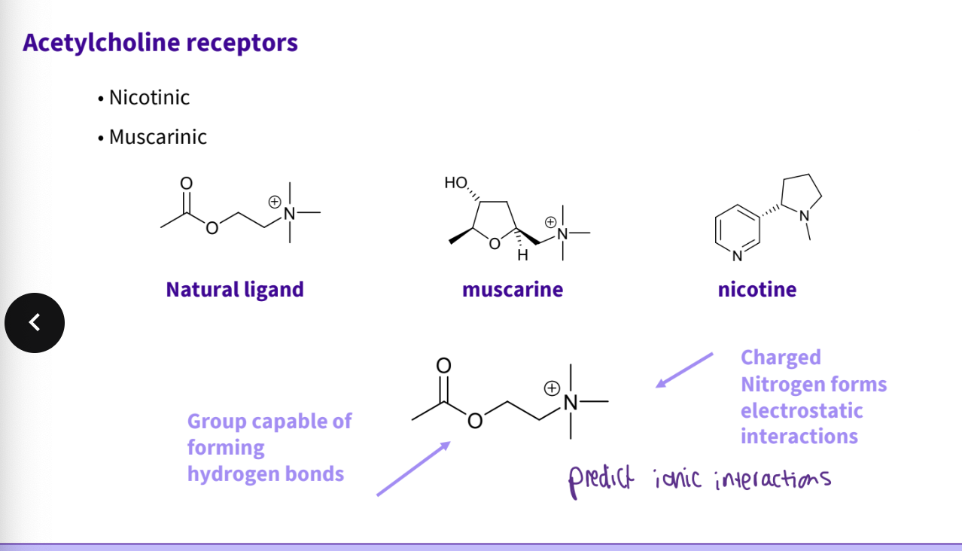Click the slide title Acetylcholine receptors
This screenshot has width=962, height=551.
tap(160, 42)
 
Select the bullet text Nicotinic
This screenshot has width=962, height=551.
tap(149, 98)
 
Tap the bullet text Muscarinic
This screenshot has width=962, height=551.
tap(157, 137)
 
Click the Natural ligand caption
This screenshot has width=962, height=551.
tap(235, 290)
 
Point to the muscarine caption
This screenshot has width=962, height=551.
tap(513, 290)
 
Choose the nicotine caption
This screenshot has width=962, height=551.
tap(757, 290)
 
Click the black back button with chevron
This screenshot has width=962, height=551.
tap(35, 323)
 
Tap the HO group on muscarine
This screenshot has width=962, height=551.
tap(455, 182)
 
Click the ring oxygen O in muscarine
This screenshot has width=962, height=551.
tap(494, 244)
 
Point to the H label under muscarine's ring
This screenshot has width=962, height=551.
tap(522, 256)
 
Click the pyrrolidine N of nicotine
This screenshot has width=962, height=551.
tap(804, 216)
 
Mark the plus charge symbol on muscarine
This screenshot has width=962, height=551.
tap(551, 222)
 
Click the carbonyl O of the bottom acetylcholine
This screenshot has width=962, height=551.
tap(443, 366)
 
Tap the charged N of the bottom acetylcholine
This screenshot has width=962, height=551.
tap(571, 403)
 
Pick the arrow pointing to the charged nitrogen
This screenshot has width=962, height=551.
tap(683, 370)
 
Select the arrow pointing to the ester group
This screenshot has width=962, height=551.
tap(413, 468)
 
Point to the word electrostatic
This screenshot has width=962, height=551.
tap(802, 411)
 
